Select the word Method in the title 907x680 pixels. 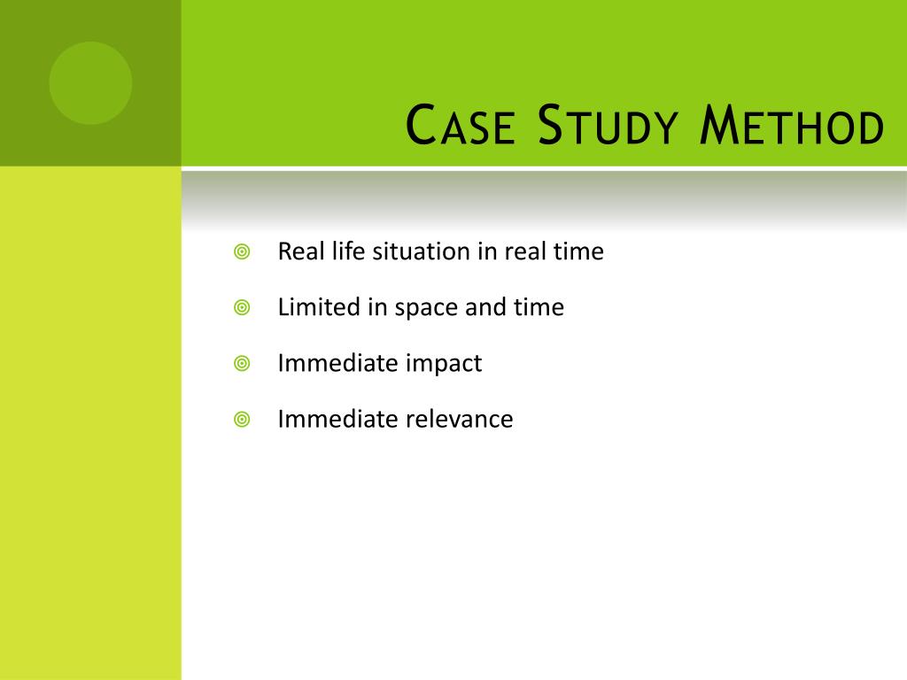[791, 126]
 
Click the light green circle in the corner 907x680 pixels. [90, 83]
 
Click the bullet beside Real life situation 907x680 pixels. [242, 252]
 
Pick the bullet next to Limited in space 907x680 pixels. [242, 308]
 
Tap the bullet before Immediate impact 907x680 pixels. [242, 364]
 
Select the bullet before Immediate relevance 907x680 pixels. [242, 420]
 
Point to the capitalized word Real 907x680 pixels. [297, 252]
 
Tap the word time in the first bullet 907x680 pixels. [578, 252]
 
